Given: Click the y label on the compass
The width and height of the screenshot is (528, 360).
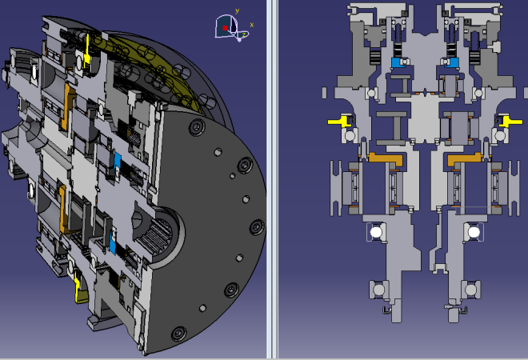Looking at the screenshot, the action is [x=237, y=11].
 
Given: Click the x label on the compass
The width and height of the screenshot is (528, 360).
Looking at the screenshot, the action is [x=251, y=25].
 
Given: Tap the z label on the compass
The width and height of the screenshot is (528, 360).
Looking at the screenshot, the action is [x=243, y=34].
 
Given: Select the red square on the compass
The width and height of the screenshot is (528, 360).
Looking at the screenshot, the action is [x=225, y=28].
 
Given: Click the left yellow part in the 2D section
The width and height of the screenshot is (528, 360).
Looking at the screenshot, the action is [x=340, y=121].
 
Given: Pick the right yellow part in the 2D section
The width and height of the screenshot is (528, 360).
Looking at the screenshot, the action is [x=510, y=122].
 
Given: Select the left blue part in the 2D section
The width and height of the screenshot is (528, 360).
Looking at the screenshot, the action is [x=398, y=62].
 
